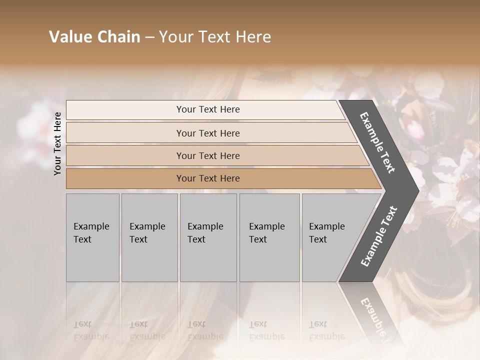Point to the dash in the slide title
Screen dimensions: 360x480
149,37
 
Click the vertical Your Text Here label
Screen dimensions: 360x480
57,143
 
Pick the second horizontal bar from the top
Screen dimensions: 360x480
207,133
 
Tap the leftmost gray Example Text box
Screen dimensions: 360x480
92,237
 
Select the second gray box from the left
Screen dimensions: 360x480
149,237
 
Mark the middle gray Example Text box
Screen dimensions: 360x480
208,237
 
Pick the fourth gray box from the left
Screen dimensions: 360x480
269,237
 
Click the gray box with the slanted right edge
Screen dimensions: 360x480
330,237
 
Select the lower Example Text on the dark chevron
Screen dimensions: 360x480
379,236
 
